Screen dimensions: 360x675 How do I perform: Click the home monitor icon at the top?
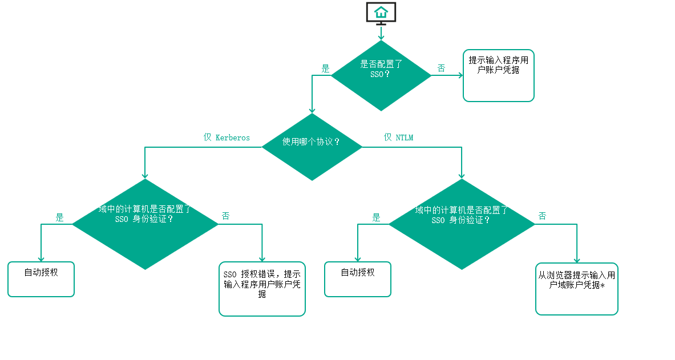pyautogui.click(x=381, y=13)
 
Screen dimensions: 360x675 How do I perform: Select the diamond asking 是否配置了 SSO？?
pyautogui.click(x=381, y=75)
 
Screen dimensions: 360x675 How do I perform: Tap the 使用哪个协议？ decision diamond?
pyautogui.click(x=312, y=147)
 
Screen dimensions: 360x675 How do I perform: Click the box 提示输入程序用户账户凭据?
pyautogui.click(x=498, y=75)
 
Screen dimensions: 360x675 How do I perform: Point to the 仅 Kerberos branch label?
pyautogui.click(x=227, y=137)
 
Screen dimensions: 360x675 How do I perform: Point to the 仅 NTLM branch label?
pyautogui.click(x=398, y=137)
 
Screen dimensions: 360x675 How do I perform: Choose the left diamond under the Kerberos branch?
pyautogui.click(x=145, y=224)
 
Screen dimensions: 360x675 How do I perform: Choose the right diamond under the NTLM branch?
pyautogui.click(x=461, y=224)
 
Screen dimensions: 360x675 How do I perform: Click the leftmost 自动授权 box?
pyautogui.click(x=41, y=279)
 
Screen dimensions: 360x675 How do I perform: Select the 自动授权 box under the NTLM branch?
pyautogui.click(x=358, y=279)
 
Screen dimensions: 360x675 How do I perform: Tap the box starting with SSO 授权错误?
pyautogui.click(x=262, y=289)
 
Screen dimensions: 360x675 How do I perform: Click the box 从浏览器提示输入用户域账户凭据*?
pyautogui.click(x=576, y=289)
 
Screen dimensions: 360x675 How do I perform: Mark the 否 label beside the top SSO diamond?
pyautogui.click(x=441, y=68)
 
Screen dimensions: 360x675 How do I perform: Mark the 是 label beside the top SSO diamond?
pyautogui.click(x=325, y=68)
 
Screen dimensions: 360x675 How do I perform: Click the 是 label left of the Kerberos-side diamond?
pyautogui.click(x=59, y=217)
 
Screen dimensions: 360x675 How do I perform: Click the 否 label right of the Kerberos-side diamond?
pyautogui.click(x=226, y=216)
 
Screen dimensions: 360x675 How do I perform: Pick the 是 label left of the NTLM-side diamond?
pyautogui.click(x=376, y=217)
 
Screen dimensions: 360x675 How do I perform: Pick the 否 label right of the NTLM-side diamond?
pyautogui.click(x=542, y=216)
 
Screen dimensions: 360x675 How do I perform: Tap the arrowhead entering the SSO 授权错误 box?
pyautogui.click(x=262, y=258)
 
